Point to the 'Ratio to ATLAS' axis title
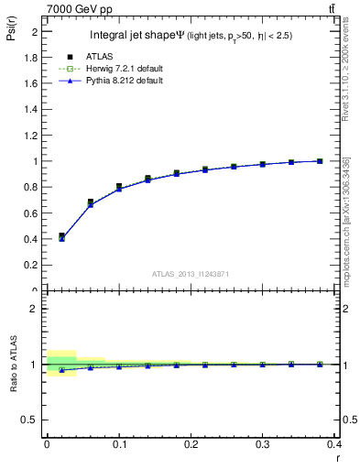[x=13, y=365]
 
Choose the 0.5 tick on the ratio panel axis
[x=31, y=420]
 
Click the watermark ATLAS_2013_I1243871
[x=191, y=275]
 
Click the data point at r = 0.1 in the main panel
[x=119, y=187]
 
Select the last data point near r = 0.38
[x=320, y=161]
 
